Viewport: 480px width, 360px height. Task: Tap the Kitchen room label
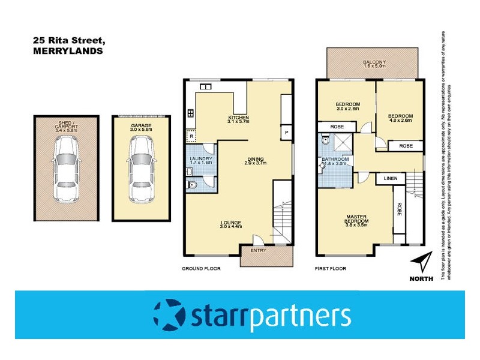[x=238, y=119]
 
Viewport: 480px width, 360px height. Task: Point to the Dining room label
[x=254, y=162]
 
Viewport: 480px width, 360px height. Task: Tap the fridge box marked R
[x=191, y=136]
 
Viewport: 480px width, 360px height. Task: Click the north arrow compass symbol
[x=423, y=264]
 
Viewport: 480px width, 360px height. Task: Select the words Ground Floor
[x=201, y=269]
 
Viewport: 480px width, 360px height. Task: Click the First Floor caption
[x=331, y=269]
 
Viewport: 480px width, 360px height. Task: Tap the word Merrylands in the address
[x=61, y=52]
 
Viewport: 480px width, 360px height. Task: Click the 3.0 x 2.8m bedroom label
[x=347, y=107]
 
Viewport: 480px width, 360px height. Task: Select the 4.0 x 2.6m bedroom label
[x=400, y=118]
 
